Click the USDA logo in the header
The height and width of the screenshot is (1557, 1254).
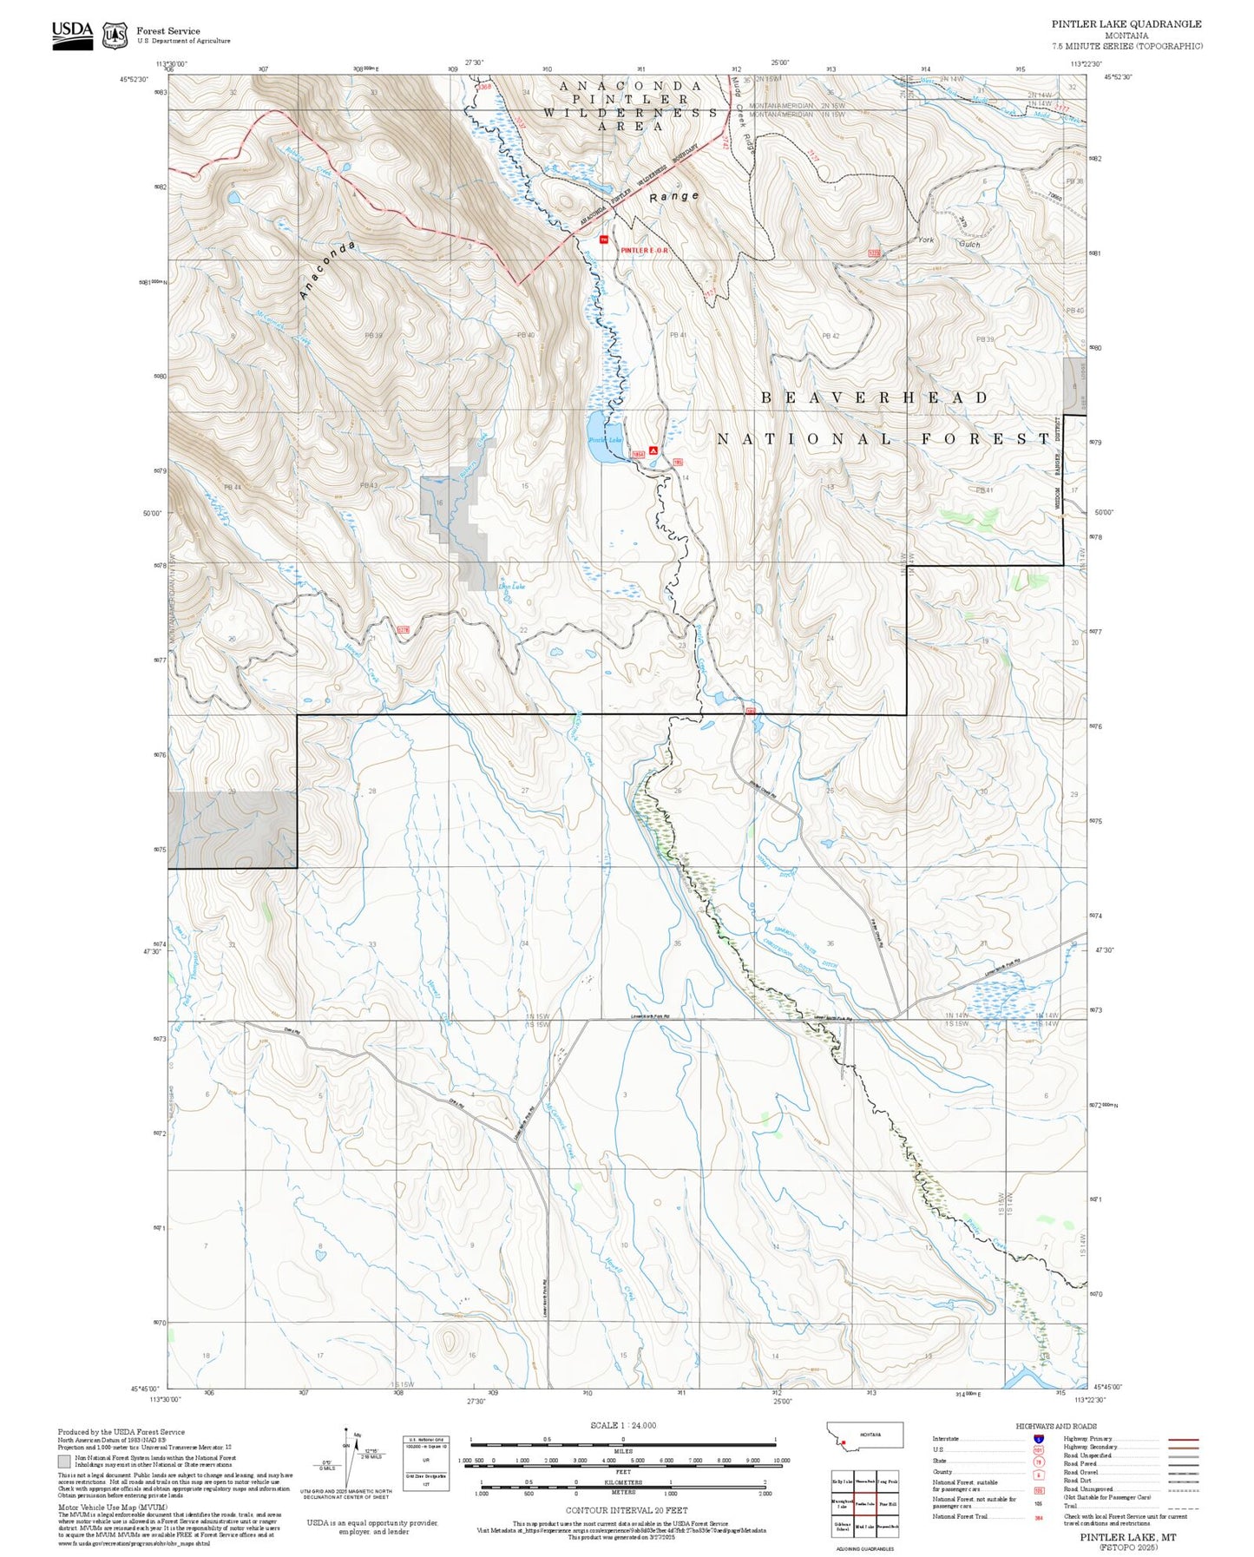[x=72, y=35]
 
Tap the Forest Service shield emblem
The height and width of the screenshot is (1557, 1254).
[x=115, y=36]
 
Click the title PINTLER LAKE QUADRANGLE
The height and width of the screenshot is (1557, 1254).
[x=1126, y=24]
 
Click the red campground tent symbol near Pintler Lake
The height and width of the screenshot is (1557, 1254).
[x=653, y=450]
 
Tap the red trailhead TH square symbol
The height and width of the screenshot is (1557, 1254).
[x=604, y=238]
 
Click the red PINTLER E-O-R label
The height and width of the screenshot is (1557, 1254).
[x=648, y=250]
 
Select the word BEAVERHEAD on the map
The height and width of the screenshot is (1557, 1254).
[x=875, y=397]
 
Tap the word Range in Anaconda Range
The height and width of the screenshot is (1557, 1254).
[x=674, y=196]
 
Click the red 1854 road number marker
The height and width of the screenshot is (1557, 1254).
[x=639, y=453]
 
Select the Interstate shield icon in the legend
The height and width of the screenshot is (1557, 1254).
[x=1039, y=1439]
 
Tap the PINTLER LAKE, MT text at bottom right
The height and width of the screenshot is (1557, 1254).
[x=1127, y=1536]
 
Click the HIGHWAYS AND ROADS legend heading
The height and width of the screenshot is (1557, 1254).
[x=1056, y=1426]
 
